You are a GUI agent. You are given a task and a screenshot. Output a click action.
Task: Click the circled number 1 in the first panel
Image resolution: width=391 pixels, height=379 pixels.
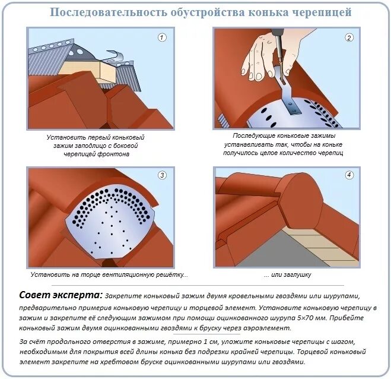coord(162,37)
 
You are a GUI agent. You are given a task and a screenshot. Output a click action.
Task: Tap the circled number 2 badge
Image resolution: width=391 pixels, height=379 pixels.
coord(349,37)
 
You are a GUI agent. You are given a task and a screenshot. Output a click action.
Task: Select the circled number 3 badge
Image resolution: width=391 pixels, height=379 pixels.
coord(162,175)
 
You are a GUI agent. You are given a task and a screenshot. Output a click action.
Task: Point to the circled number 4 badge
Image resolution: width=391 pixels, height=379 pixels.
coord(349,175)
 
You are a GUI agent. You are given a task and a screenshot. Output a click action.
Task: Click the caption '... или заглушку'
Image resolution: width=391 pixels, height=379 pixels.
coord(287,274)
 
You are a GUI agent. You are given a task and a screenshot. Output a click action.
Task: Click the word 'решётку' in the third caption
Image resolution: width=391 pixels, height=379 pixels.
coord(172,274)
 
